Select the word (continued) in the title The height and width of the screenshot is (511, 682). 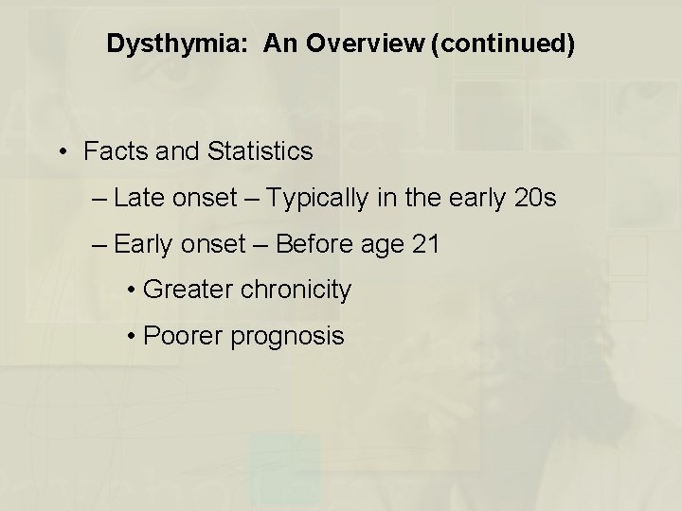click(502, 44)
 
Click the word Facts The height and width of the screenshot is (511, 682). click(114, 151)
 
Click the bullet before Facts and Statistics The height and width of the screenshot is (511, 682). click(62, 152)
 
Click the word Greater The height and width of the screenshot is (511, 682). click(189, 290)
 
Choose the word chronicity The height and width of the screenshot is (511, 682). click(296, 290)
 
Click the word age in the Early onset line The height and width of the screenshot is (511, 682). click(382, 246)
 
